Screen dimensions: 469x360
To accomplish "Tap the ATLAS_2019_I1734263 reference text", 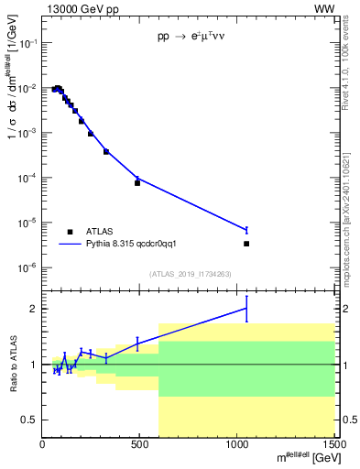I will point(189,274).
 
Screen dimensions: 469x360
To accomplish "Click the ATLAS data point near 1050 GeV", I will point(246,244).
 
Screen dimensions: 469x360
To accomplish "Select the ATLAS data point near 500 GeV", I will point(137,182).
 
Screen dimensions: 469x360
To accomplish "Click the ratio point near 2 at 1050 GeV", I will point(246,309).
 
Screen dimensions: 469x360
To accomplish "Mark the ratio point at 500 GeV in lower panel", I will point(137,344).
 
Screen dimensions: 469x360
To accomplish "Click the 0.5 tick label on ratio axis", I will point(30,420).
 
